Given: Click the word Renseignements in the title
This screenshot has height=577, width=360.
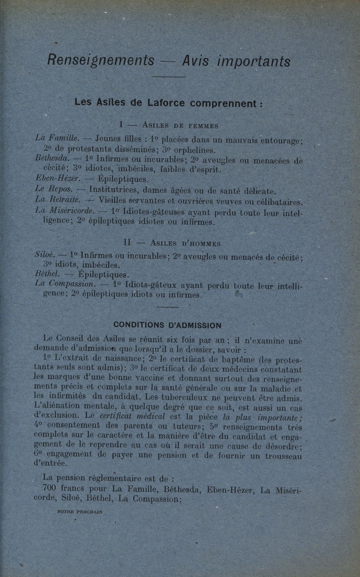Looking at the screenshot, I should click(101, 61).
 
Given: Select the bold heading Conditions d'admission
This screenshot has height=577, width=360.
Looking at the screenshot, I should click(167, 325).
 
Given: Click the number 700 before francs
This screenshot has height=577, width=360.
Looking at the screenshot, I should click(50, 489).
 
